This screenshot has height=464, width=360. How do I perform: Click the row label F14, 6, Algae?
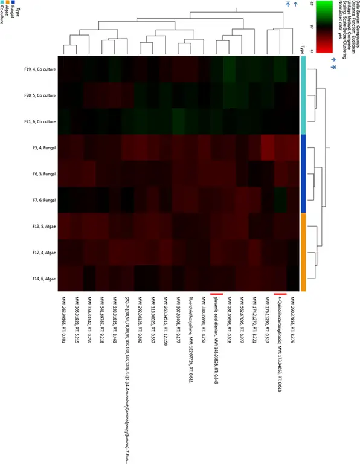click(x=42, y=278)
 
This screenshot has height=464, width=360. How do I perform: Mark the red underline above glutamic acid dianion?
click(x=214, y=294)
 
